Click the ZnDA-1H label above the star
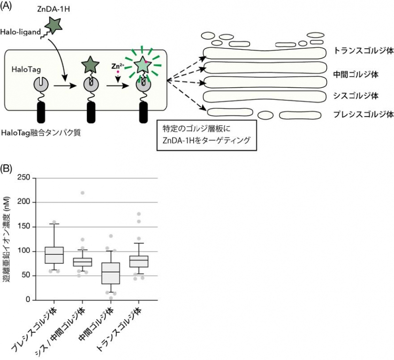click(53, 10)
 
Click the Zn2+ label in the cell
click(117, 66)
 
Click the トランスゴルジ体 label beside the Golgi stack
click(363, 50)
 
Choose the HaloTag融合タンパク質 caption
click(41, 133)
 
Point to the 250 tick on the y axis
click(23, 177)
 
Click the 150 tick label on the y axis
click(23, 227)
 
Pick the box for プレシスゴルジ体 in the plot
click(54, 255)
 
